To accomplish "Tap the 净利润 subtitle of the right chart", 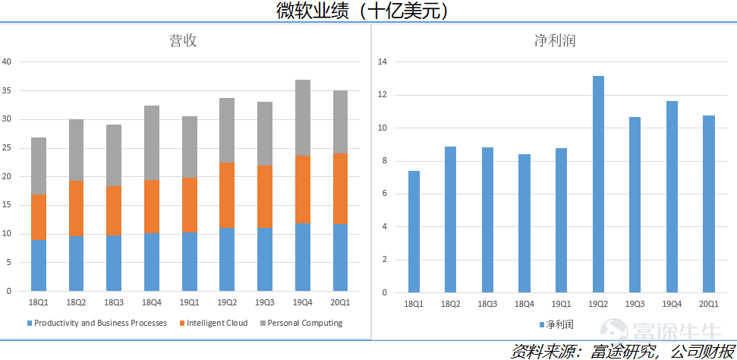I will [x=555, y=41].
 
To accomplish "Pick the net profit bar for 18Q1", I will [x=414, y=232].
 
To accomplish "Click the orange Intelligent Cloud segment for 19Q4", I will [x=303, y=189].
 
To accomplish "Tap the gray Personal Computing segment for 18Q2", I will [x=76, y=150].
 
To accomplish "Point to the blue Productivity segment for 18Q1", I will [x=39, y=265].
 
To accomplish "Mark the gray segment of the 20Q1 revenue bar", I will [x=340, y=122].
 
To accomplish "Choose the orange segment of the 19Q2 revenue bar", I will [x=227, y=194].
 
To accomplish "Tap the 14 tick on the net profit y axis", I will [x=383, y=62].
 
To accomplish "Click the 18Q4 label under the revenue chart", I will [x=152, y=302].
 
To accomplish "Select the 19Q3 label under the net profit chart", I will [x=635, y=304].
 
